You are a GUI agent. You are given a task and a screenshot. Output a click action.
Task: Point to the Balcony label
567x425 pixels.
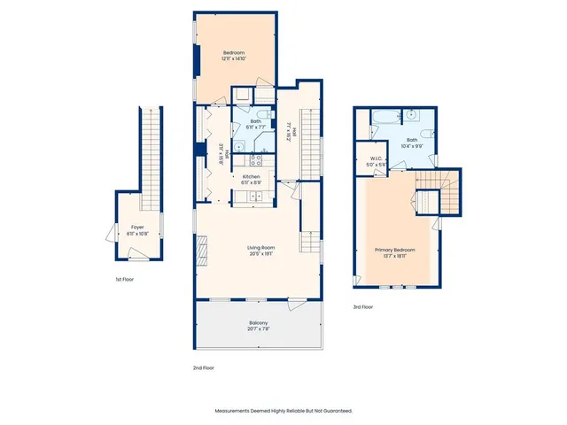(x=258, y=325)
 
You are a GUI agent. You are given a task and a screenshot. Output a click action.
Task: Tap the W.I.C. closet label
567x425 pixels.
(x=376, y=164)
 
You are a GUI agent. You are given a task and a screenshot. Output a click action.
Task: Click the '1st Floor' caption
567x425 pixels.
(x=125, y=279)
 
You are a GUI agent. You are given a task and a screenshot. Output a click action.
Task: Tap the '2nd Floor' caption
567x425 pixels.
(x=203, y=367)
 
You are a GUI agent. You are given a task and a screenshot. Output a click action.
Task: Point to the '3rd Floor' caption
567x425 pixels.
(x=363, y=306)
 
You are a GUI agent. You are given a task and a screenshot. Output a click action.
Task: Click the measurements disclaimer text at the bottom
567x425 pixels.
(x=283, y=411)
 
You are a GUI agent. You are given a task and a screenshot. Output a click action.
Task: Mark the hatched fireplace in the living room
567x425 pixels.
(x=202, y=252)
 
